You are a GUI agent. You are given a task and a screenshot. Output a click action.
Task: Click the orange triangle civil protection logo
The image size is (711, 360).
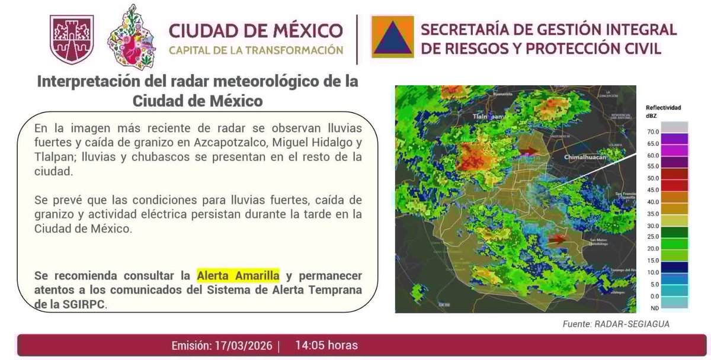[392, 36]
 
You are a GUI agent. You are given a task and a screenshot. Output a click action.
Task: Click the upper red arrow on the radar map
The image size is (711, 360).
[530, 152]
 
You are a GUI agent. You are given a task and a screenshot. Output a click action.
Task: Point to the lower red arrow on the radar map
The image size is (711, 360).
[558, 239]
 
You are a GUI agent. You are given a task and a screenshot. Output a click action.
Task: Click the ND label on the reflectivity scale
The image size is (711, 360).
[652, 307]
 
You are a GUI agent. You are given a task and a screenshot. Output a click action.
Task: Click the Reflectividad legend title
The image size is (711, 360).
[663, 108]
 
